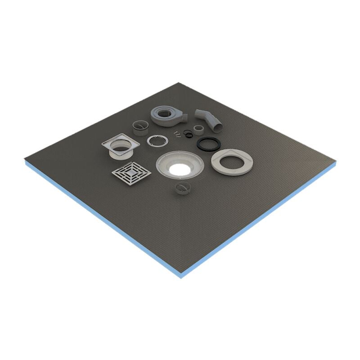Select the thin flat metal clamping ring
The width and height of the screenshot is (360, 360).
(x=157, y=140)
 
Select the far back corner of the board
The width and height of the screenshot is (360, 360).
(x=179, y=83)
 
